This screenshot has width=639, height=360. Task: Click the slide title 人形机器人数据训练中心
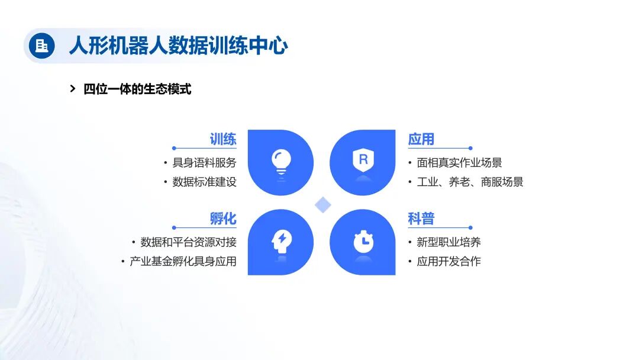coord(178,46)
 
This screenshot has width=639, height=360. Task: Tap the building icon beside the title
coord(41,46)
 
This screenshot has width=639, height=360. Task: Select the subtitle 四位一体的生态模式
coord(137,89)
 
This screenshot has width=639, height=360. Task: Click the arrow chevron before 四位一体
coord(73,89)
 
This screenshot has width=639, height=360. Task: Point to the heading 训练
coord(223,139)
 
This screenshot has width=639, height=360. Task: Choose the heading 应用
coord(421,139)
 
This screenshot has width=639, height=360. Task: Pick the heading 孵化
coord(223,218)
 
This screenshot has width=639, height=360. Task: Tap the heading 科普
coord(421,218)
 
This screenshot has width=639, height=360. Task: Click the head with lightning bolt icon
coord(281,240)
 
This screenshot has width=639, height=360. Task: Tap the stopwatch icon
coord(363,241)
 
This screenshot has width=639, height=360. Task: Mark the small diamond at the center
coord(322,205)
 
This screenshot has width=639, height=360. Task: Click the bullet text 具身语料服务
coord(204,163)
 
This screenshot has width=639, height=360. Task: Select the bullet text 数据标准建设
coord(204,182)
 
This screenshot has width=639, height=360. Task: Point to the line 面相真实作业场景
coord(459,163)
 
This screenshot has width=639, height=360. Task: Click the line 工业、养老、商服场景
coord(470,182)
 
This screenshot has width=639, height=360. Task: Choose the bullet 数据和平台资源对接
coord(188,242)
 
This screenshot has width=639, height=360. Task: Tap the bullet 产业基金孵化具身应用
coord(183,261)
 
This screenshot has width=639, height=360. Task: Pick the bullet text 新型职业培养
coord(448,242)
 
